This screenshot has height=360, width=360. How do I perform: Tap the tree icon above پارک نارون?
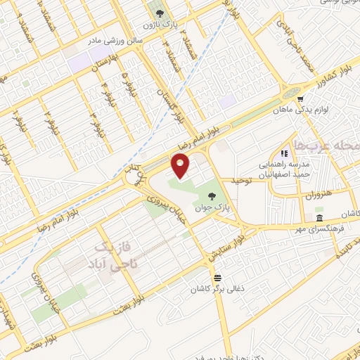tap(159, 13)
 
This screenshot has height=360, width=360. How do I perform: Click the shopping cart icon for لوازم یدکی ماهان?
tap(300, 99)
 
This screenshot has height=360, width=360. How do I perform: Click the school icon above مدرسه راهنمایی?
tap(285, 153)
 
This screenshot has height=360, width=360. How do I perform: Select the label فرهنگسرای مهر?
tap(309, 229)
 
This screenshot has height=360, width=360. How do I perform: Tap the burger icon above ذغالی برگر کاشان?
tap(218, 277)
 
